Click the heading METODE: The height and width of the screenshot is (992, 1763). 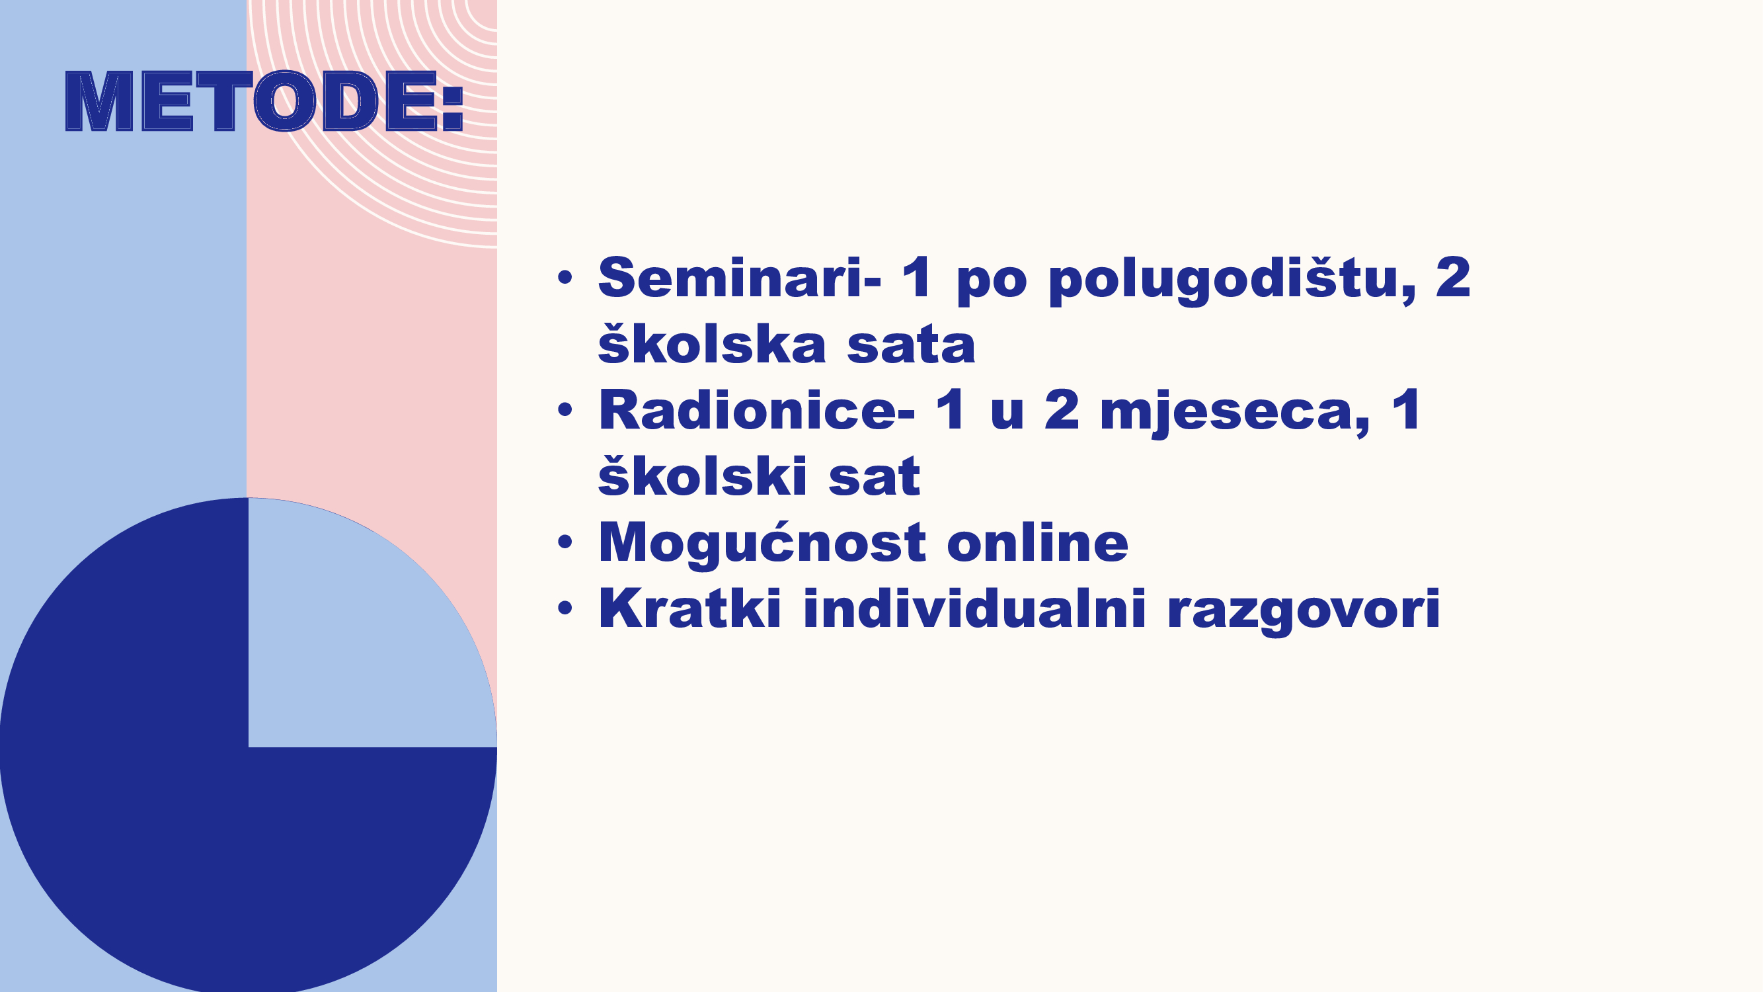click(x=264, y=101)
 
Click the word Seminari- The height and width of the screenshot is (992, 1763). click(x=740, y=277)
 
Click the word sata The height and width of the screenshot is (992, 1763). click(x=911, y=346)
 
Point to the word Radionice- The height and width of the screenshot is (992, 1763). click(x=756, y=409)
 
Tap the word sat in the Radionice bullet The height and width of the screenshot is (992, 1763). click(x=875, y=476)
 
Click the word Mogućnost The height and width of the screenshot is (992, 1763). click(x=762, y=543)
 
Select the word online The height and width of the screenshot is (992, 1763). click(x=1038, y=542)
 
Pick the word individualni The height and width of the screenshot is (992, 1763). click(x=974, y=607)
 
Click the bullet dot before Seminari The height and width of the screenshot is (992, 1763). click(x=565, y=277)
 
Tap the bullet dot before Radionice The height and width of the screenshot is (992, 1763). click(x=565, y=409)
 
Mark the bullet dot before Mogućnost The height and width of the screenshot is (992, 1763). click(x=565, y=542)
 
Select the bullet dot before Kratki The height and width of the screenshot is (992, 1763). click(x=565, y=608)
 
